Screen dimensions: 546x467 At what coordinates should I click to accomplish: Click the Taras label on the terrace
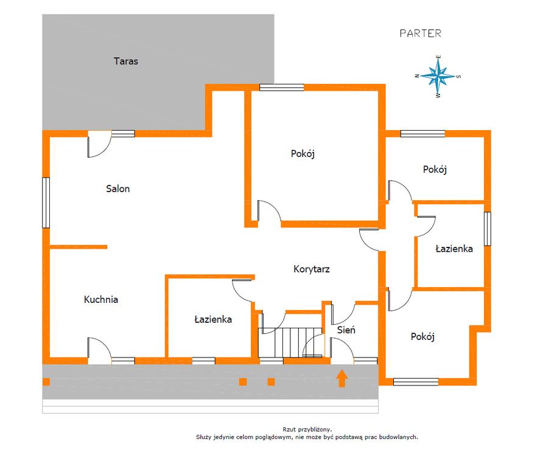click(126, 61)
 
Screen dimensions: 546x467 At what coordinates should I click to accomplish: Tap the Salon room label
click(117, 189)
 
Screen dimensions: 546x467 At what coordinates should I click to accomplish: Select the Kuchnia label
click(101, 299)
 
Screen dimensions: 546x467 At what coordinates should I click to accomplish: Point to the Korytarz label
click(311, 269)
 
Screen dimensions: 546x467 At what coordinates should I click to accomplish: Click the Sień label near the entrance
click(346, 330)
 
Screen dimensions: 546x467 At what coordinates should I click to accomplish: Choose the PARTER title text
click(420, 33)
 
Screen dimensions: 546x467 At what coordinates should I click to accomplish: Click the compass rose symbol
click(438, 76)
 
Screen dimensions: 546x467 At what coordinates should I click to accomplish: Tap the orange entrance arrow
click(342, 378)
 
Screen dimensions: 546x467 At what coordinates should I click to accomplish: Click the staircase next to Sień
click(290, 342)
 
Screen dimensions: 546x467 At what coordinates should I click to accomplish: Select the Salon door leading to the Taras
click(99, 144)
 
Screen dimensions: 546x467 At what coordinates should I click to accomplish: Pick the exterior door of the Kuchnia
click(99, 350)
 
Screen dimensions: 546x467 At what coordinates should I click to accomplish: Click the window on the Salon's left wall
click(46, 202)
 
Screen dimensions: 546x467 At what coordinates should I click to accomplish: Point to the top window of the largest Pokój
click(282, 88)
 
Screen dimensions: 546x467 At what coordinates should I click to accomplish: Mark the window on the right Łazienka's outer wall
click(488, 229)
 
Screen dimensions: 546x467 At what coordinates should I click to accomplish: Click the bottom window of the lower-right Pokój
click(416, 382)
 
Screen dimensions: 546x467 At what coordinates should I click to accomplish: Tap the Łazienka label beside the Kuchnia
click(213, 319)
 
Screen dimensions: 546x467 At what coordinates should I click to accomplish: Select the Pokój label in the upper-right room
click(435, 169)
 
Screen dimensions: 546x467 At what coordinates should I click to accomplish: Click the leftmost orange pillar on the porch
click(46, 382)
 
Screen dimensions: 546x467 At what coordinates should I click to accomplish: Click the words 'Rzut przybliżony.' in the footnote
click(307, 429)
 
